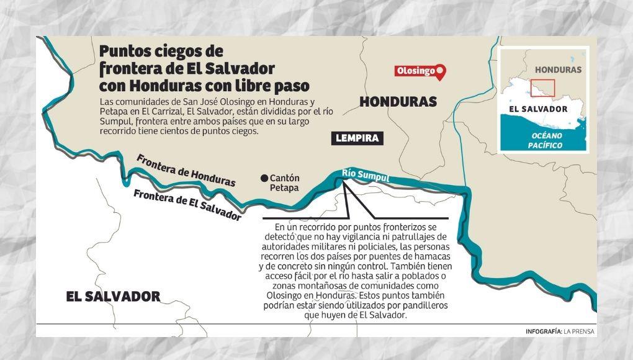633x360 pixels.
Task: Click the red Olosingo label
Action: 415,71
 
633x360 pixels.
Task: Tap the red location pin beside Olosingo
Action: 441,72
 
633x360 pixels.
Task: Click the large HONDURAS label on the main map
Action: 398,102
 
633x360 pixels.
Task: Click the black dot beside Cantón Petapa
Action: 264,178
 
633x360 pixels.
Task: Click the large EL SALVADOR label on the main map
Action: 113,296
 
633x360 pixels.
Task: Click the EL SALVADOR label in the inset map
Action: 537,109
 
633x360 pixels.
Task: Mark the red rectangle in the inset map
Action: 544,88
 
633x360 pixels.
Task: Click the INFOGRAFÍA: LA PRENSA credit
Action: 559,331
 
